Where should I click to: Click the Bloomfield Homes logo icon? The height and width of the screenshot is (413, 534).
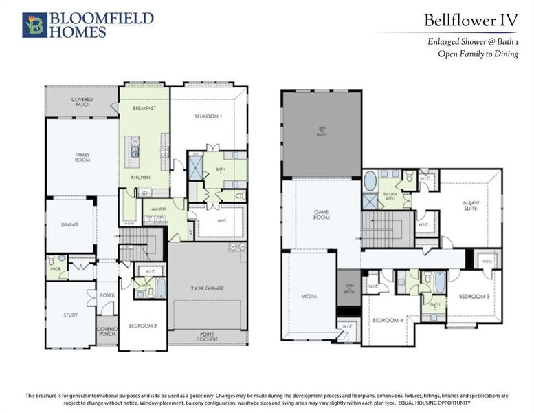coord(34,24)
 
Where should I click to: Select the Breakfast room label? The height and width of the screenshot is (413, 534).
coord(144,109)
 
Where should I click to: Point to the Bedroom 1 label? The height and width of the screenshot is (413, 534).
coord(208,116)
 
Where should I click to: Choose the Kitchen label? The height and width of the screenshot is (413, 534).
coord(141,177)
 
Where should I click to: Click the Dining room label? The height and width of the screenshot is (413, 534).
coord(69,224)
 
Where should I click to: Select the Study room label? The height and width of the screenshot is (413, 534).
coord(70,315)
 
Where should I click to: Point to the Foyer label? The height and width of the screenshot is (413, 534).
coord(107,296)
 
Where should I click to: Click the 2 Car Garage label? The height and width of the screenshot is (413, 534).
coord(208,288)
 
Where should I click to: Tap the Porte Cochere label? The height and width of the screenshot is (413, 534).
coord(208,337)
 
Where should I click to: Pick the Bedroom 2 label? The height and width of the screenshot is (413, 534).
coord(144,325)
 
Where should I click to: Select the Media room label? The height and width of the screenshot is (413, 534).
coord(308,297)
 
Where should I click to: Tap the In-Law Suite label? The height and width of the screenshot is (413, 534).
coord(470,206)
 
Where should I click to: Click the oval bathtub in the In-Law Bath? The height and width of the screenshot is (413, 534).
coord(370,181)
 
